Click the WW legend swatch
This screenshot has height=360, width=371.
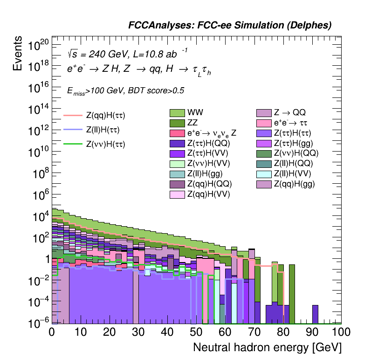point(178,112)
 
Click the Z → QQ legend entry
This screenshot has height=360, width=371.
point(264,112)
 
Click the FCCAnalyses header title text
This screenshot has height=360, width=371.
point(230,26)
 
